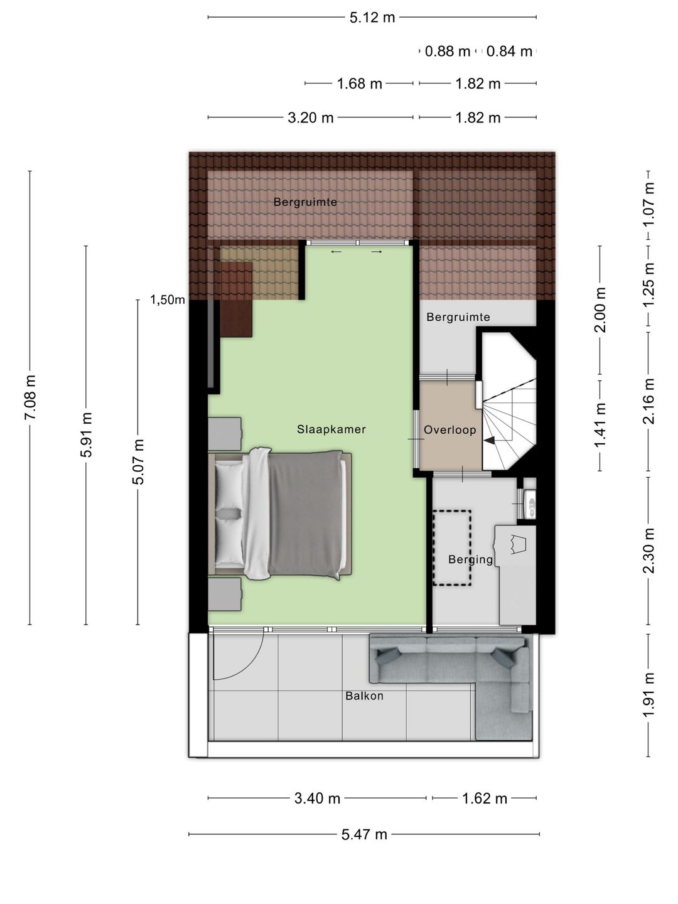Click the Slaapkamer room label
click(x=331, y=429)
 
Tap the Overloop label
click(x=449, y=429)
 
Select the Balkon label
click(x=364, y=696)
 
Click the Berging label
click(x=470, y=560)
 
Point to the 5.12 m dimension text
click(x=372, y=18)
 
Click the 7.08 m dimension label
click(x=30, y=397)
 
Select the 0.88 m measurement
click(x=447, y=51)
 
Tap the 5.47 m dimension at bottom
click(x=364, y=834)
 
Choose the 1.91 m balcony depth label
click(x=648, y=695)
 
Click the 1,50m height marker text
click(x=167, y=300)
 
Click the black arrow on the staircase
click(x=490, y=440)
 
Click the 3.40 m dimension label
click(x=317, y=799)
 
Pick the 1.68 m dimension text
click(x=359, y=83)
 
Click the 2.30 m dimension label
click(x=648, y=551)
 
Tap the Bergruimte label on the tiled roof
click(x=305, y=202)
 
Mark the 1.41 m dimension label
click(x=600, y=425)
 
